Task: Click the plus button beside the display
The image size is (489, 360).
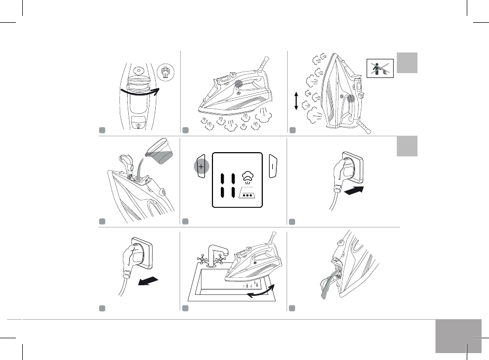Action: [x=201, y=166]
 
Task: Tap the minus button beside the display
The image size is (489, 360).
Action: [x=274, y=166]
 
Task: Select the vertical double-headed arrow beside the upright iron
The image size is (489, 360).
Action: [x=296, y=100]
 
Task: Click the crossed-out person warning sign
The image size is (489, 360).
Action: [x=380, y=68]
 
